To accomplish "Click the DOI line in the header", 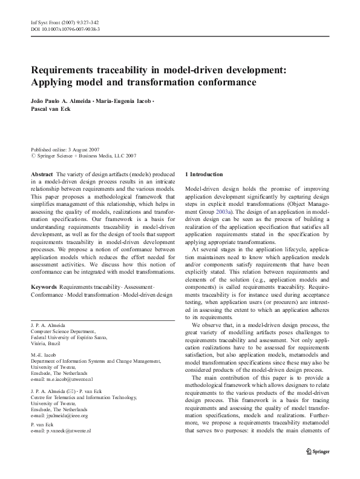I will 65,29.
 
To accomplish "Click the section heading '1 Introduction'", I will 206,174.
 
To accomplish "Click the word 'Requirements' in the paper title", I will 68,69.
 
